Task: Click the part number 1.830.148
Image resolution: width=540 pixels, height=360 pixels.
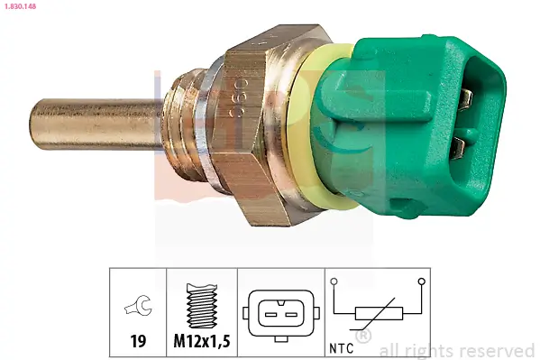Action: (x=21, y=6)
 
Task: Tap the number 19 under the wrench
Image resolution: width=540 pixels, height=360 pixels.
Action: (x=138, y=343)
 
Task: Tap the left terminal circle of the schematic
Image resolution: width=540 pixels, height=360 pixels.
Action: (x=334, y=282)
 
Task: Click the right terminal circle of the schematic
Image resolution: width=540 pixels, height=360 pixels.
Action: (x=420, y=282)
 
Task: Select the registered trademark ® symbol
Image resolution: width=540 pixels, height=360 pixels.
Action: (x=363, y=337)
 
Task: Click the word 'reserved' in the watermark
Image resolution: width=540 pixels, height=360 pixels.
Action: (x=498, y=350)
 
